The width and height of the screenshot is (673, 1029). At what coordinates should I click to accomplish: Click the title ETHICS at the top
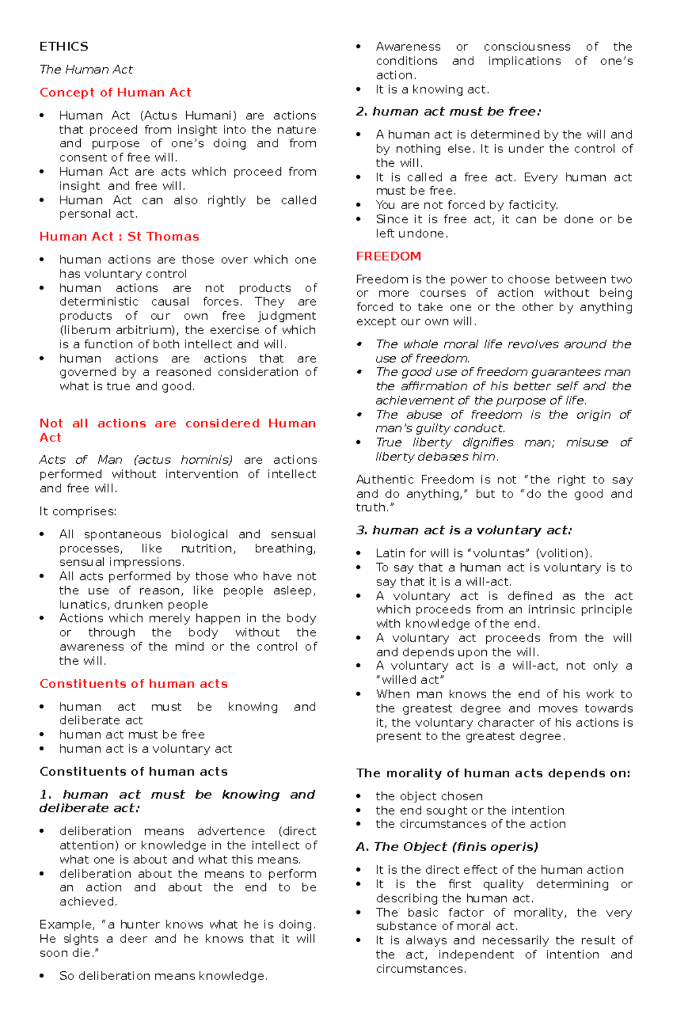(63, 47)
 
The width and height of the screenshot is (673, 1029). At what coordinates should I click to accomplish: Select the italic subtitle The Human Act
(86, 70)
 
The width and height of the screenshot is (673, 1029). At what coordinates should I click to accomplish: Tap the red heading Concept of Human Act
(115, 93)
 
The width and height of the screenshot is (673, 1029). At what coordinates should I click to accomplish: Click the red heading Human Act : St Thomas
(119, 237)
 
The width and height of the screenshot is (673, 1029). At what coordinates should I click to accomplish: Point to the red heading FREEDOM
(388, 256)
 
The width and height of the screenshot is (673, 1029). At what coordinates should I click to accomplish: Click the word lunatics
(84, 605)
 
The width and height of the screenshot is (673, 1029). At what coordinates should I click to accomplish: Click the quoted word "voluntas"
(499, 553)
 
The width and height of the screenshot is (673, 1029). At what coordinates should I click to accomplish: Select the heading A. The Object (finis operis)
(446, 847)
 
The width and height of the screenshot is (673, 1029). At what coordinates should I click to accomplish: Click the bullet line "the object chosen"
(429, 796)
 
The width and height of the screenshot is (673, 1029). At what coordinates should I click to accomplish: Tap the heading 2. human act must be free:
(448, 112)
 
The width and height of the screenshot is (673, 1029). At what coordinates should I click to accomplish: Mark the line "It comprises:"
(77, 511)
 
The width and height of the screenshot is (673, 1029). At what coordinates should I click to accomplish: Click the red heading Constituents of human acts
(133, 684)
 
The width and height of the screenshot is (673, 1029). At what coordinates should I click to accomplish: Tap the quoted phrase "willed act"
(410, 680)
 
